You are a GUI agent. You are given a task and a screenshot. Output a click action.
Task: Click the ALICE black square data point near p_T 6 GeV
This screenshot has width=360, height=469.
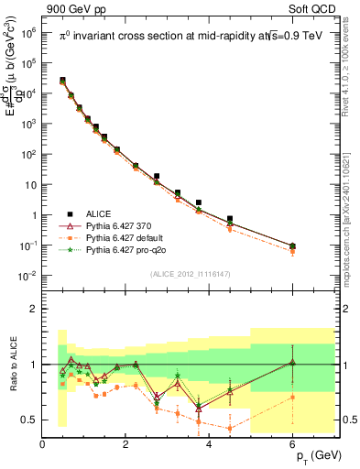[292, 245]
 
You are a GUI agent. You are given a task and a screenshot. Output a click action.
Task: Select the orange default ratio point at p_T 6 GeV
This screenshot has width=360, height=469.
[292, 397]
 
